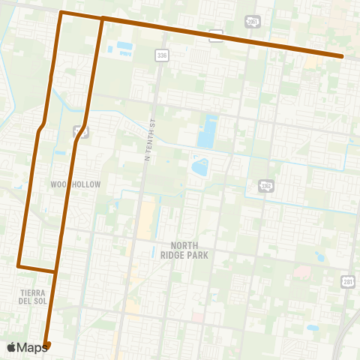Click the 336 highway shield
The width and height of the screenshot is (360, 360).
162,55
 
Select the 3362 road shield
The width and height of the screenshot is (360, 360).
265,185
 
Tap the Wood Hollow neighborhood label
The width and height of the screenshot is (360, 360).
75,184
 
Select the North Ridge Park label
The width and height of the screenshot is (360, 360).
189,250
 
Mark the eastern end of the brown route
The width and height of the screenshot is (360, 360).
342,56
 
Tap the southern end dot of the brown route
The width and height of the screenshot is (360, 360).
46,345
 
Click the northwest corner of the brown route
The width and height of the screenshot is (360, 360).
61,13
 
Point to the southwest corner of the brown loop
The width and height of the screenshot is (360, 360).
18,265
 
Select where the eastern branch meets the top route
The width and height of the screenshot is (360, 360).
101,18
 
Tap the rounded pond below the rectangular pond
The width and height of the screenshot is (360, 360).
200,166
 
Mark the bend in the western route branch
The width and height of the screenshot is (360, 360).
42,127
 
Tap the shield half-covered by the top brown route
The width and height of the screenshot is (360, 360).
216,34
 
